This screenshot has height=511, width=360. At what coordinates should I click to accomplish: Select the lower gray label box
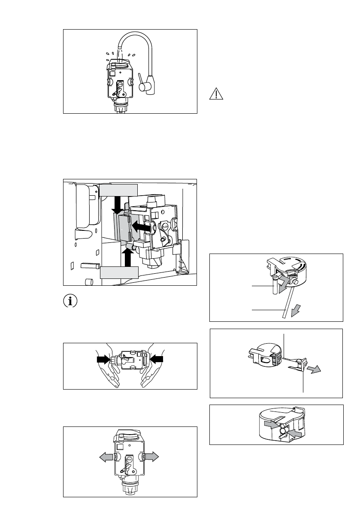119,272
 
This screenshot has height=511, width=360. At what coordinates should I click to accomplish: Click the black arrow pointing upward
127,256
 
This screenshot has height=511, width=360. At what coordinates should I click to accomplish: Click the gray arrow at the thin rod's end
295,312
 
